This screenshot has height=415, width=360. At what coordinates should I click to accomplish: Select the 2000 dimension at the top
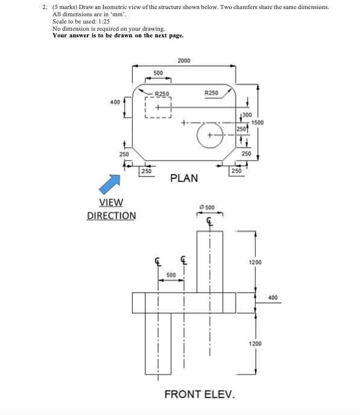tap(184, 60)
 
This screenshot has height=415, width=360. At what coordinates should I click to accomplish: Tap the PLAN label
tap(185, 178)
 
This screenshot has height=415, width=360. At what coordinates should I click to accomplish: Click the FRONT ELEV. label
tap(199, 395)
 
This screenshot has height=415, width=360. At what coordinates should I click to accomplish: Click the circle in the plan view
tap(210, 135)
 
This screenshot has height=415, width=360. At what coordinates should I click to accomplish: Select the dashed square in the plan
tap(159, 108)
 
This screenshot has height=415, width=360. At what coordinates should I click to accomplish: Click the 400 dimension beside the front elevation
tap(273, 298)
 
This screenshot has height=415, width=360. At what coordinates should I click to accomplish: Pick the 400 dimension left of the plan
tap(115, 102)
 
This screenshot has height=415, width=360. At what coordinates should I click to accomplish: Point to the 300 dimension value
tap(246, 115)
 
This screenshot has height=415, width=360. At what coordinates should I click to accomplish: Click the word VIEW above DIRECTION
tap(111, 203)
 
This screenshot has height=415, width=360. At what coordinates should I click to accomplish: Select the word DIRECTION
tap(112, 216)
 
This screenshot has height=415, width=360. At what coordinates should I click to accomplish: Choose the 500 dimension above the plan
tap(157, 73)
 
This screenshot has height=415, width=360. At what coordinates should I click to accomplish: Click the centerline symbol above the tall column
tap(210, 220)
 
